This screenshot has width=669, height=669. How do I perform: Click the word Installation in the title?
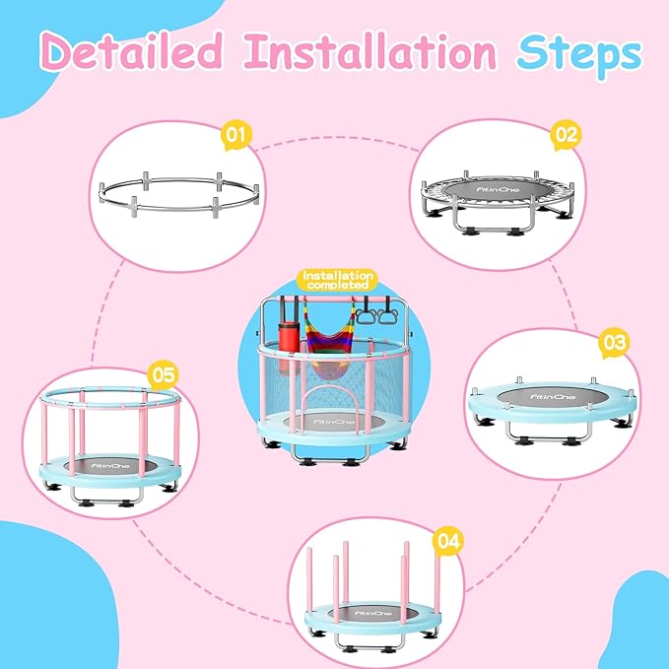374,51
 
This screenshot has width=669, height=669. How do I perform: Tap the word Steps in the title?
575,51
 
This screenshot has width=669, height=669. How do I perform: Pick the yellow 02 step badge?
564,133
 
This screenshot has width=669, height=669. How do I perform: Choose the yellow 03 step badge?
613,343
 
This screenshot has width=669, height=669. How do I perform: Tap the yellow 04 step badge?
448,540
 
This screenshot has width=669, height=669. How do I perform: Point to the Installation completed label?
338,280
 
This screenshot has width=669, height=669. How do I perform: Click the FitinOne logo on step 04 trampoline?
368,612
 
